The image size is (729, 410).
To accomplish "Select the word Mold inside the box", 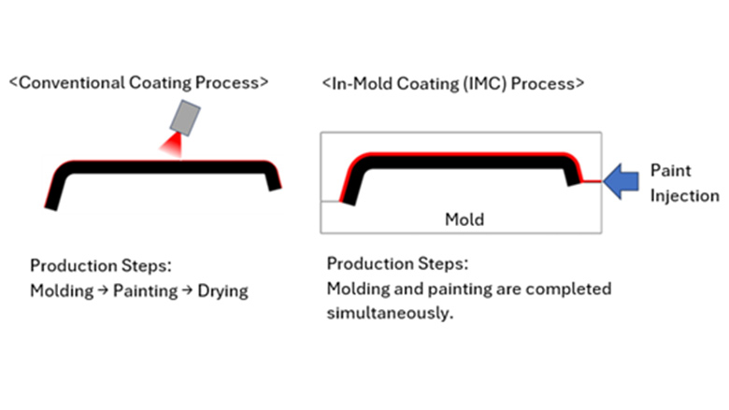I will [x=465, y=219].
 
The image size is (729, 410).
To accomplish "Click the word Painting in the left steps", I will [x=145, y=290].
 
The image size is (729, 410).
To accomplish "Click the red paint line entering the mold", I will [x=590, y=182].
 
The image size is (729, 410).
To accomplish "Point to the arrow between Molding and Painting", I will [x=103, y=290].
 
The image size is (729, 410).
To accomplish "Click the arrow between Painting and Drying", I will [x=187, y=290].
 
